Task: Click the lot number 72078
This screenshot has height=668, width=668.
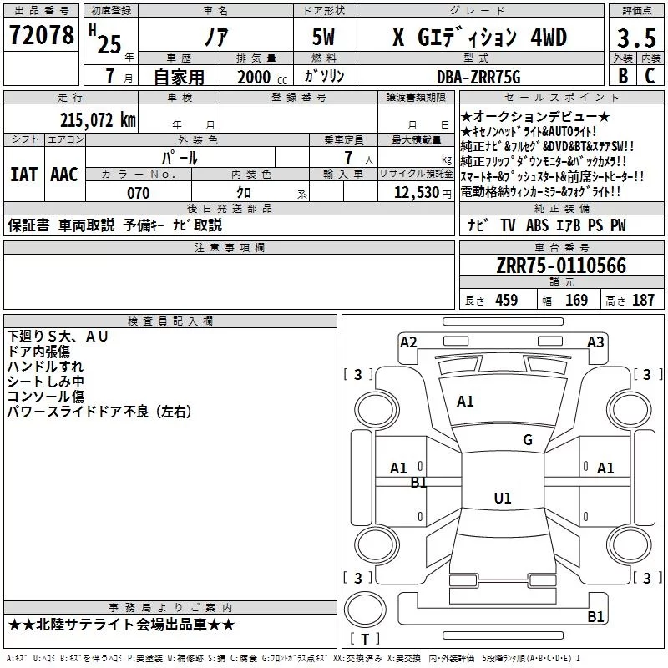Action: [x=42, y=34]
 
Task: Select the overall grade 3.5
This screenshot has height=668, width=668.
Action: [x=636, y=38]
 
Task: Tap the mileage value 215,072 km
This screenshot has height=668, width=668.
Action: [x=98, y=120]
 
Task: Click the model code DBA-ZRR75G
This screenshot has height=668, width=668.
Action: [x=478, y=77]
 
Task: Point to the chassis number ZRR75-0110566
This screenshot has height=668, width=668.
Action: [x=561, y=266]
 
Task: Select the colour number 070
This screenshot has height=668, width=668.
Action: [x=139, y=193]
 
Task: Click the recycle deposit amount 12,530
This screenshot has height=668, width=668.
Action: [x=416, y=193]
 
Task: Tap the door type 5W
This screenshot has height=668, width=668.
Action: [x=323, y=37]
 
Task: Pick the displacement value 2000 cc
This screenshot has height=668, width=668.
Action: [x=262, y=77]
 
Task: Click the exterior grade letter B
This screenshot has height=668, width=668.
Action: [x=623, y=76]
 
